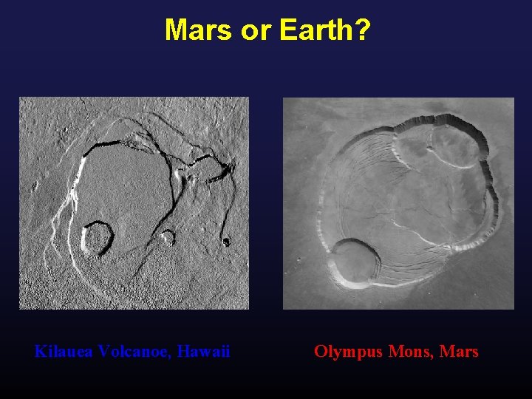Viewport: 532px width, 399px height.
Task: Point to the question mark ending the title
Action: click(x=363, y=30)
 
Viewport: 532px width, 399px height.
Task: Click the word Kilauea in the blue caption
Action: click(x=64, y=352)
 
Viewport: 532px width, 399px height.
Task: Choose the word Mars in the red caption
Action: click(x=459, y=352)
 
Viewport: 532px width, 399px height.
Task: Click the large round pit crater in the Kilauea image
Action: click(x=97, y=238)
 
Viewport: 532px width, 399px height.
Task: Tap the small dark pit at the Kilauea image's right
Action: click(x=225, y=241)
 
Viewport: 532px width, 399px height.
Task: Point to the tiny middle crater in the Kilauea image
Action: click(x=168, y=237)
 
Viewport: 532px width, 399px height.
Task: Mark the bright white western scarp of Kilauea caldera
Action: click(x=72, y=199)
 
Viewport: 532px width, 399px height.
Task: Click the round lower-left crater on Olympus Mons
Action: click(x=352, y=263)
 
